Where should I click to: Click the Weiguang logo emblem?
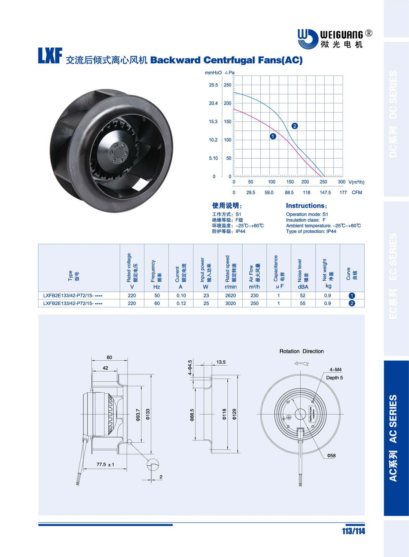coord(308,39)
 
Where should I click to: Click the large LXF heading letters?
coord(50,56)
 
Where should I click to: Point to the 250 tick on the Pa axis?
coord(227,85)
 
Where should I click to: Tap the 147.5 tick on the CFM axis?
coord(325,193)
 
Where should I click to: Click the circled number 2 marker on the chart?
coord(294,126)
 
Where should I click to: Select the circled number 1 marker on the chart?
coord(273,136)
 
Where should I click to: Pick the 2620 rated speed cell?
coord(230,296)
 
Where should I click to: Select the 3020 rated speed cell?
coord(230,303)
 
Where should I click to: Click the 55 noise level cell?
coord(303,303)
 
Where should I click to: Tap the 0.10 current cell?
coord(181,296)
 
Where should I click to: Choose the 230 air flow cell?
coord(254,296)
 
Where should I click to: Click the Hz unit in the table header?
coord(157,287)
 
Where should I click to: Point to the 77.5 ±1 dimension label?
coord(105,465)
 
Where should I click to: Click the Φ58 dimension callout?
coord(331,456)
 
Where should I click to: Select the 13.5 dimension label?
coord(221,362)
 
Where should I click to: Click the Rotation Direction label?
coord(301,351)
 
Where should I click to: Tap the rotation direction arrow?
coord(301,364)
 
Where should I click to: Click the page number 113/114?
coord(353,531)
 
